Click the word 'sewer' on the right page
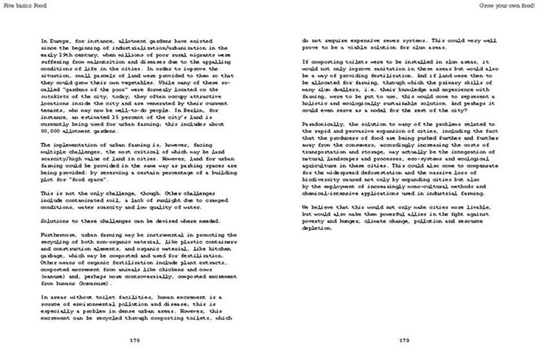pos(375,41)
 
